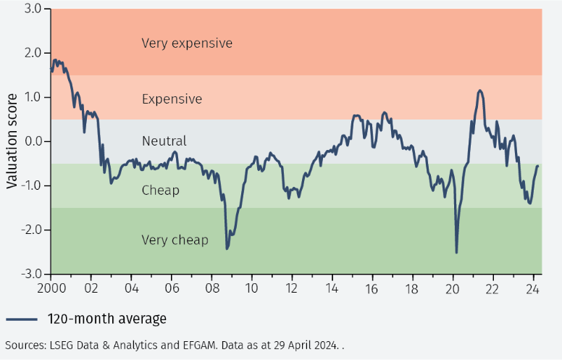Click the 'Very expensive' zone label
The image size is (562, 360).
187,43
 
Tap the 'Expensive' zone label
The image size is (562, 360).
172,99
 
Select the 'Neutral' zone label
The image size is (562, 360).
164,141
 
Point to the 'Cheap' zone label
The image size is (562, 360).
160,191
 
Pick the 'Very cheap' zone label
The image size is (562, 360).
175,240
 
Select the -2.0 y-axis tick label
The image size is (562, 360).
31,230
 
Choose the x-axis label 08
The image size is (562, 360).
211,287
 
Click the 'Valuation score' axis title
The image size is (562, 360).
12,141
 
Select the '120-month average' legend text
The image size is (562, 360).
107,319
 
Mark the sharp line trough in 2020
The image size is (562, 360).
456,252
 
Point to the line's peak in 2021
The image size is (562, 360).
479,91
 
